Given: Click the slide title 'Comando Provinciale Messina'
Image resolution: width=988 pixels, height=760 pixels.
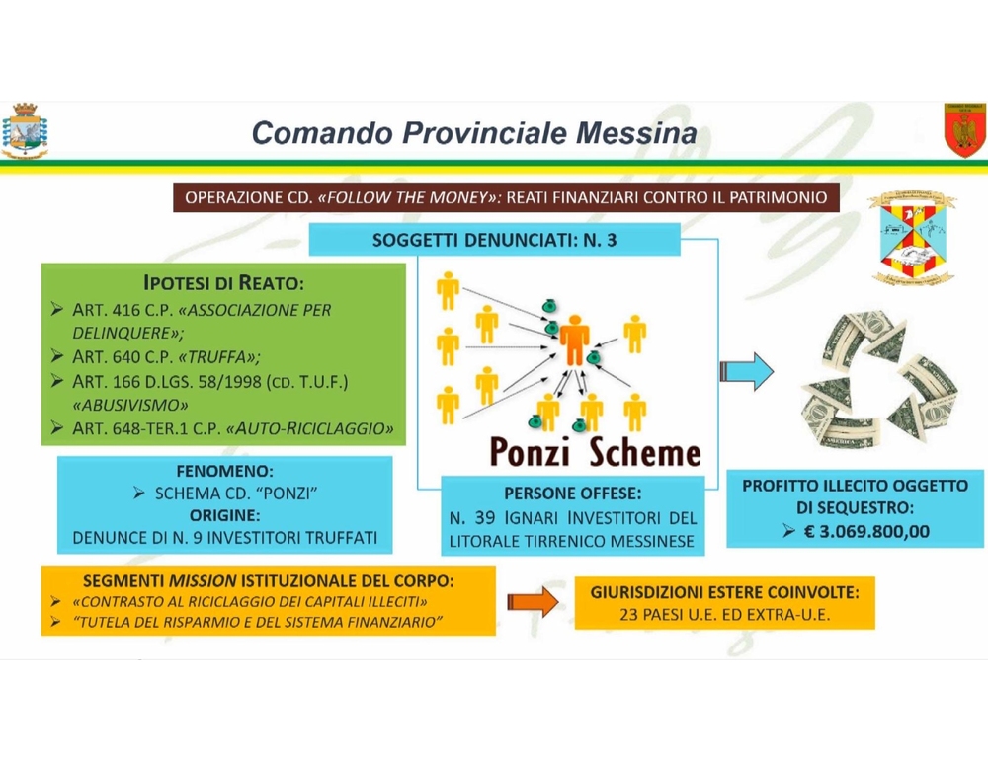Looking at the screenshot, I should pyautogui.click(x=473, y=132).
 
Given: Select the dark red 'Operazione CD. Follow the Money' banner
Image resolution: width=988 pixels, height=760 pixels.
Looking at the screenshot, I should pyautogui.click(x=505, y=197).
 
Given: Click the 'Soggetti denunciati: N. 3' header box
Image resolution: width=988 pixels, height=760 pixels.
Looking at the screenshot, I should pyautogui.click(x=494, y=240).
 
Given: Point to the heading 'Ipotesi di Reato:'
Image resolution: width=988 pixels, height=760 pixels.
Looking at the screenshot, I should pyautogui.click(x=224, y=282).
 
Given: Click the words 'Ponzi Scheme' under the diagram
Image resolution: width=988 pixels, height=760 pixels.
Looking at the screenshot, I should pyautogui.click(x=595, y=452).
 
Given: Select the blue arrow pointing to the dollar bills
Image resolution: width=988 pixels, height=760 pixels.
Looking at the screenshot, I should pyautogui.click(x=747, y=370).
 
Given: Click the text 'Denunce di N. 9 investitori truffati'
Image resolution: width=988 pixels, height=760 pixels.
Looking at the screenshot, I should pyautogui.click(x=224, y=539).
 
